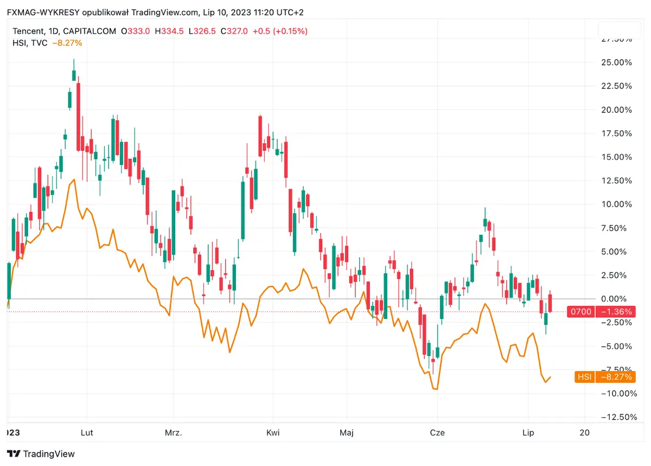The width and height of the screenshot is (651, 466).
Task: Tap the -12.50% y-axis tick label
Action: pyautogui.click(x=615, y=417)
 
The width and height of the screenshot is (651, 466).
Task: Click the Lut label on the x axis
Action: pyautogui.click(x=86, y=432)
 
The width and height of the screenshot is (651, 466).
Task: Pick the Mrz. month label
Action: pyautogui.click(x=174, y=432)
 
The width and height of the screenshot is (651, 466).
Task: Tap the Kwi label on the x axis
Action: pyautogui.click(x=273, y=432)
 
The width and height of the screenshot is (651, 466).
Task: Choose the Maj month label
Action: pyautogui.click(x=346, y=432)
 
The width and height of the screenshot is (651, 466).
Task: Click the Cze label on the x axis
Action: pyautogui.click(x=437, y=432)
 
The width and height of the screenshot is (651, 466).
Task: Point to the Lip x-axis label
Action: pyautogui.click(x=528, y=432)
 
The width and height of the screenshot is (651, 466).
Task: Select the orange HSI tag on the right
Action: pyautogui.click(x=584, y=377)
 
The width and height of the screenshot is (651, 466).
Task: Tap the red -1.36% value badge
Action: pyautogui.click(x=615, y=312)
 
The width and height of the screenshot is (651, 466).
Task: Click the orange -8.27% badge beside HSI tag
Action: pyautogui.click(x=615, y=377)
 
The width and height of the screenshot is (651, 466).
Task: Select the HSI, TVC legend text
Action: pyautogui.click(x=30, y=42)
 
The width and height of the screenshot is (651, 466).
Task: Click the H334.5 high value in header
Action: pyautogui.click(x=169, y=31)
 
